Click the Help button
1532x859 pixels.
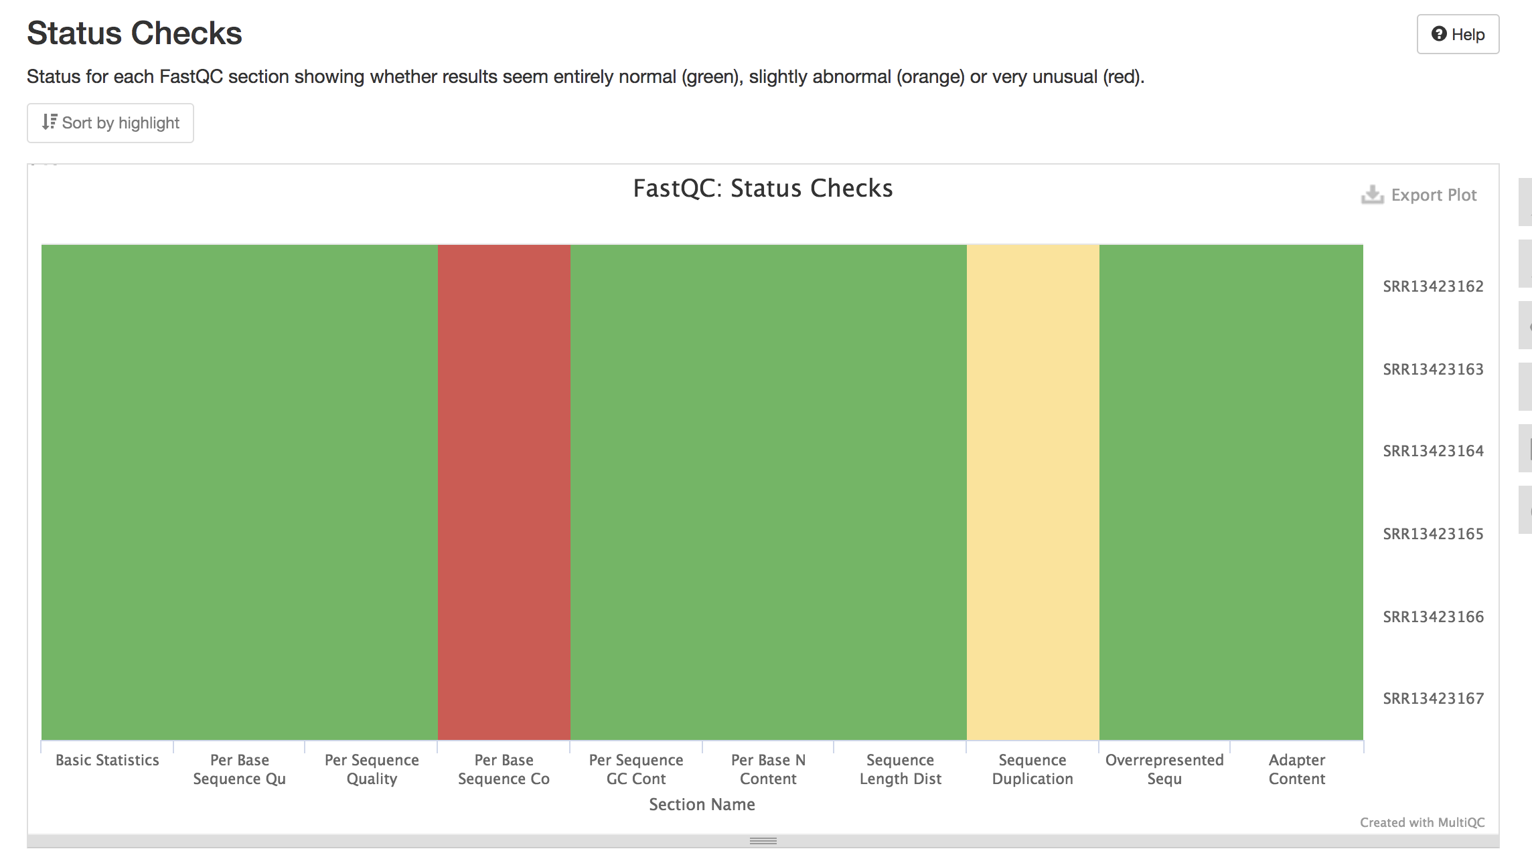click(1458, 34)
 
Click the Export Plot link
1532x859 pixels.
click(1420, 195)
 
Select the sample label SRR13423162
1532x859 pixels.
click(1433, 286)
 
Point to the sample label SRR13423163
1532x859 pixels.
click(1433, 369)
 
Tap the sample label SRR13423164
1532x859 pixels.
click(1433, 451)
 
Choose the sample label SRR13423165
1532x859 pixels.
click(1433, 534)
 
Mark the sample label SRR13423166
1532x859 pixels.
click(1433, 617)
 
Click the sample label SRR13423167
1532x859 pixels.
click(1433, 698)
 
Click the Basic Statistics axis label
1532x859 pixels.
click(107, 760)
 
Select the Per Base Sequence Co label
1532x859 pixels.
click(504, 769)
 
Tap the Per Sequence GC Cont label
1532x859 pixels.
click(636, 769)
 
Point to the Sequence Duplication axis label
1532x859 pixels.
click(1032, 769)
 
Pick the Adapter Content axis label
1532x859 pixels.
click(1297, 769)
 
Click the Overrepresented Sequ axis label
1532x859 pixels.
click(1164, 769)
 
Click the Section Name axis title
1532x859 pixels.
click(702, 804)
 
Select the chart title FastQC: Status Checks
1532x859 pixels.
click(763, 189)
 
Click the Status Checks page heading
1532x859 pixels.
click(135, 33)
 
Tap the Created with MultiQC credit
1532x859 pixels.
click(1422, 822)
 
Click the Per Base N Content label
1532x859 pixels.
click(768, 769)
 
